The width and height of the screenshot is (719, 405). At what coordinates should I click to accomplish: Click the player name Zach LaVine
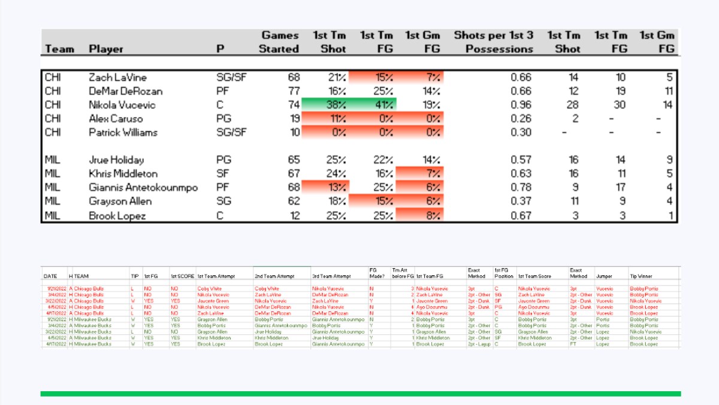coord(117,77)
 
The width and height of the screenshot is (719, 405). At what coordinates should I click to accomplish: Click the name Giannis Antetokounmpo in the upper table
coord(143,187)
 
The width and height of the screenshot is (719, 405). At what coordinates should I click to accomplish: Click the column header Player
coord(106,49)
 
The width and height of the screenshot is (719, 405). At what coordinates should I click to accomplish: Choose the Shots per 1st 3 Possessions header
coord(493,42)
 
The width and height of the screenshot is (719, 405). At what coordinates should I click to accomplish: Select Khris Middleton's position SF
coord(223,173)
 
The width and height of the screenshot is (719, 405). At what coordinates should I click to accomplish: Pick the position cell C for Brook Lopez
coord(219,215)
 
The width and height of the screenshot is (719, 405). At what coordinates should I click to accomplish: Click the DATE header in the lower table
coord(50,276)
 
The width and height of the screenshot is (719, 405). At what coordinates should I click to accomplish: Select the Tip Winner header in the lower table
coord(640,276)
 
